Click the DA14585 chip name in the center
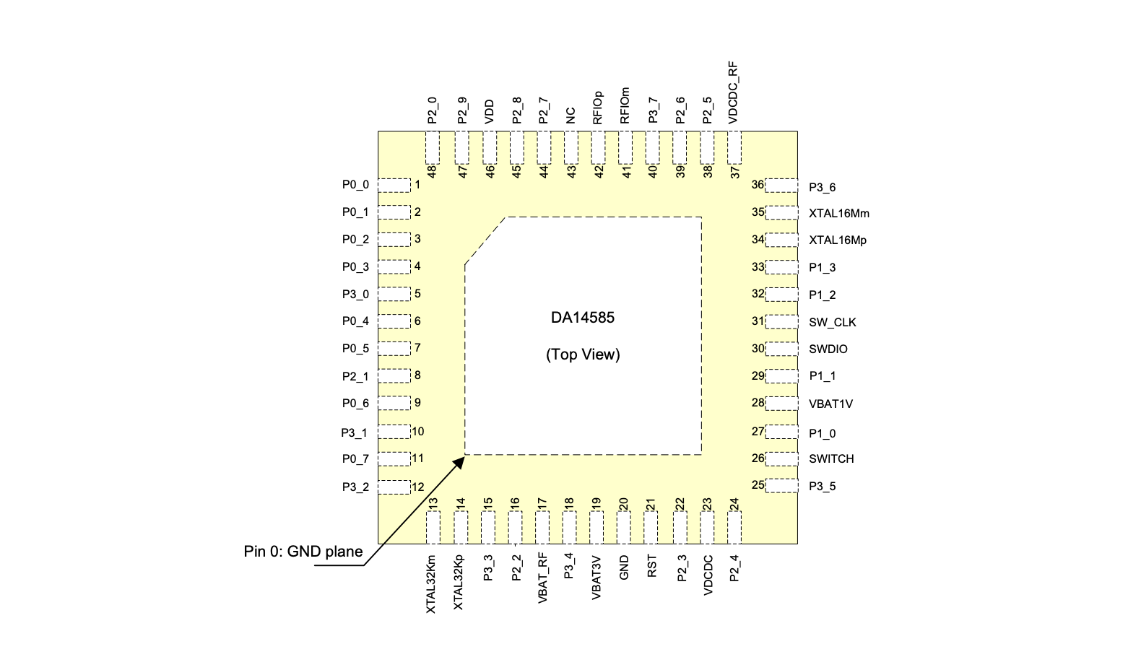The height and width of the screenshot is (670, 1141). pos(583,318)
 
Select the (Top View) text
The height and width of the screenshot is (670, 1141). pos(583,354)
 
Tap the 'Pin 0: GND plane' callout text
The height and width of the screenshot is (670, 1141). pos(303,552)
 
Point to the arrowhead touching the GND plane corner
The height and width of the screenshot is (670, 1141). pos(459,463)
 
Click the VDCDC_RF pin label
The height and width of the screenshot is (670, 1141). pos(733,92)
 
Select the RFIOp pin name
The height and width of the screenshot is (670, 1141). pos(597,108)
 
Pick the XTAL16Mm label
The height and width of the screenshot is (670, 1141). pos(839,213)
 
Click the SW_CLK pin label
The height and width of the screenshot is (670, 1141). pos(833,322)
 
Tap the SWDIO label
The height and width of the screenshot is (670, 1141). pos(828,349)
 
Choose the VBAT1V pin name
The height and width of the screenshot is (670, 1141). pos(830,404)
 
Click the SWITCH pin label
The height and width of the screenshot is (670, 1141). pos(831,458)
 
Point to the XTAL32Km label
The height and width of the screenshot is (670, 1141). pos(431,584)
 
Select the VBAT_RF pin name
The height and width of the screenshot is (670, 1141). pos(542,578)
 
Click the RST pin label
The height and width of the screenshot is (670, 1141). pos(651,566)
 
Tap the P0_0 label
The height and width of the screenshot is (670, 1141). pos(355,185)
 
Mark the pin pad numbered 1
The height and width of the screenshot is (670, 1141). pos(394,186)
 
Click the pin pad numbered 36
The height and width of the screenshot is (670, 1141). pos(781,186)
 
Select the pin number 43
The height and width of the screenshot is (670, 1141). pos(571,172)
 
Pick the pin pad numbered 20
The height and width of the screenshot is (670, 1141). pos(623,528)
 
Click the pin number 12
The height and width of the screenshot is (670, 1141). pos(417,487)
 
